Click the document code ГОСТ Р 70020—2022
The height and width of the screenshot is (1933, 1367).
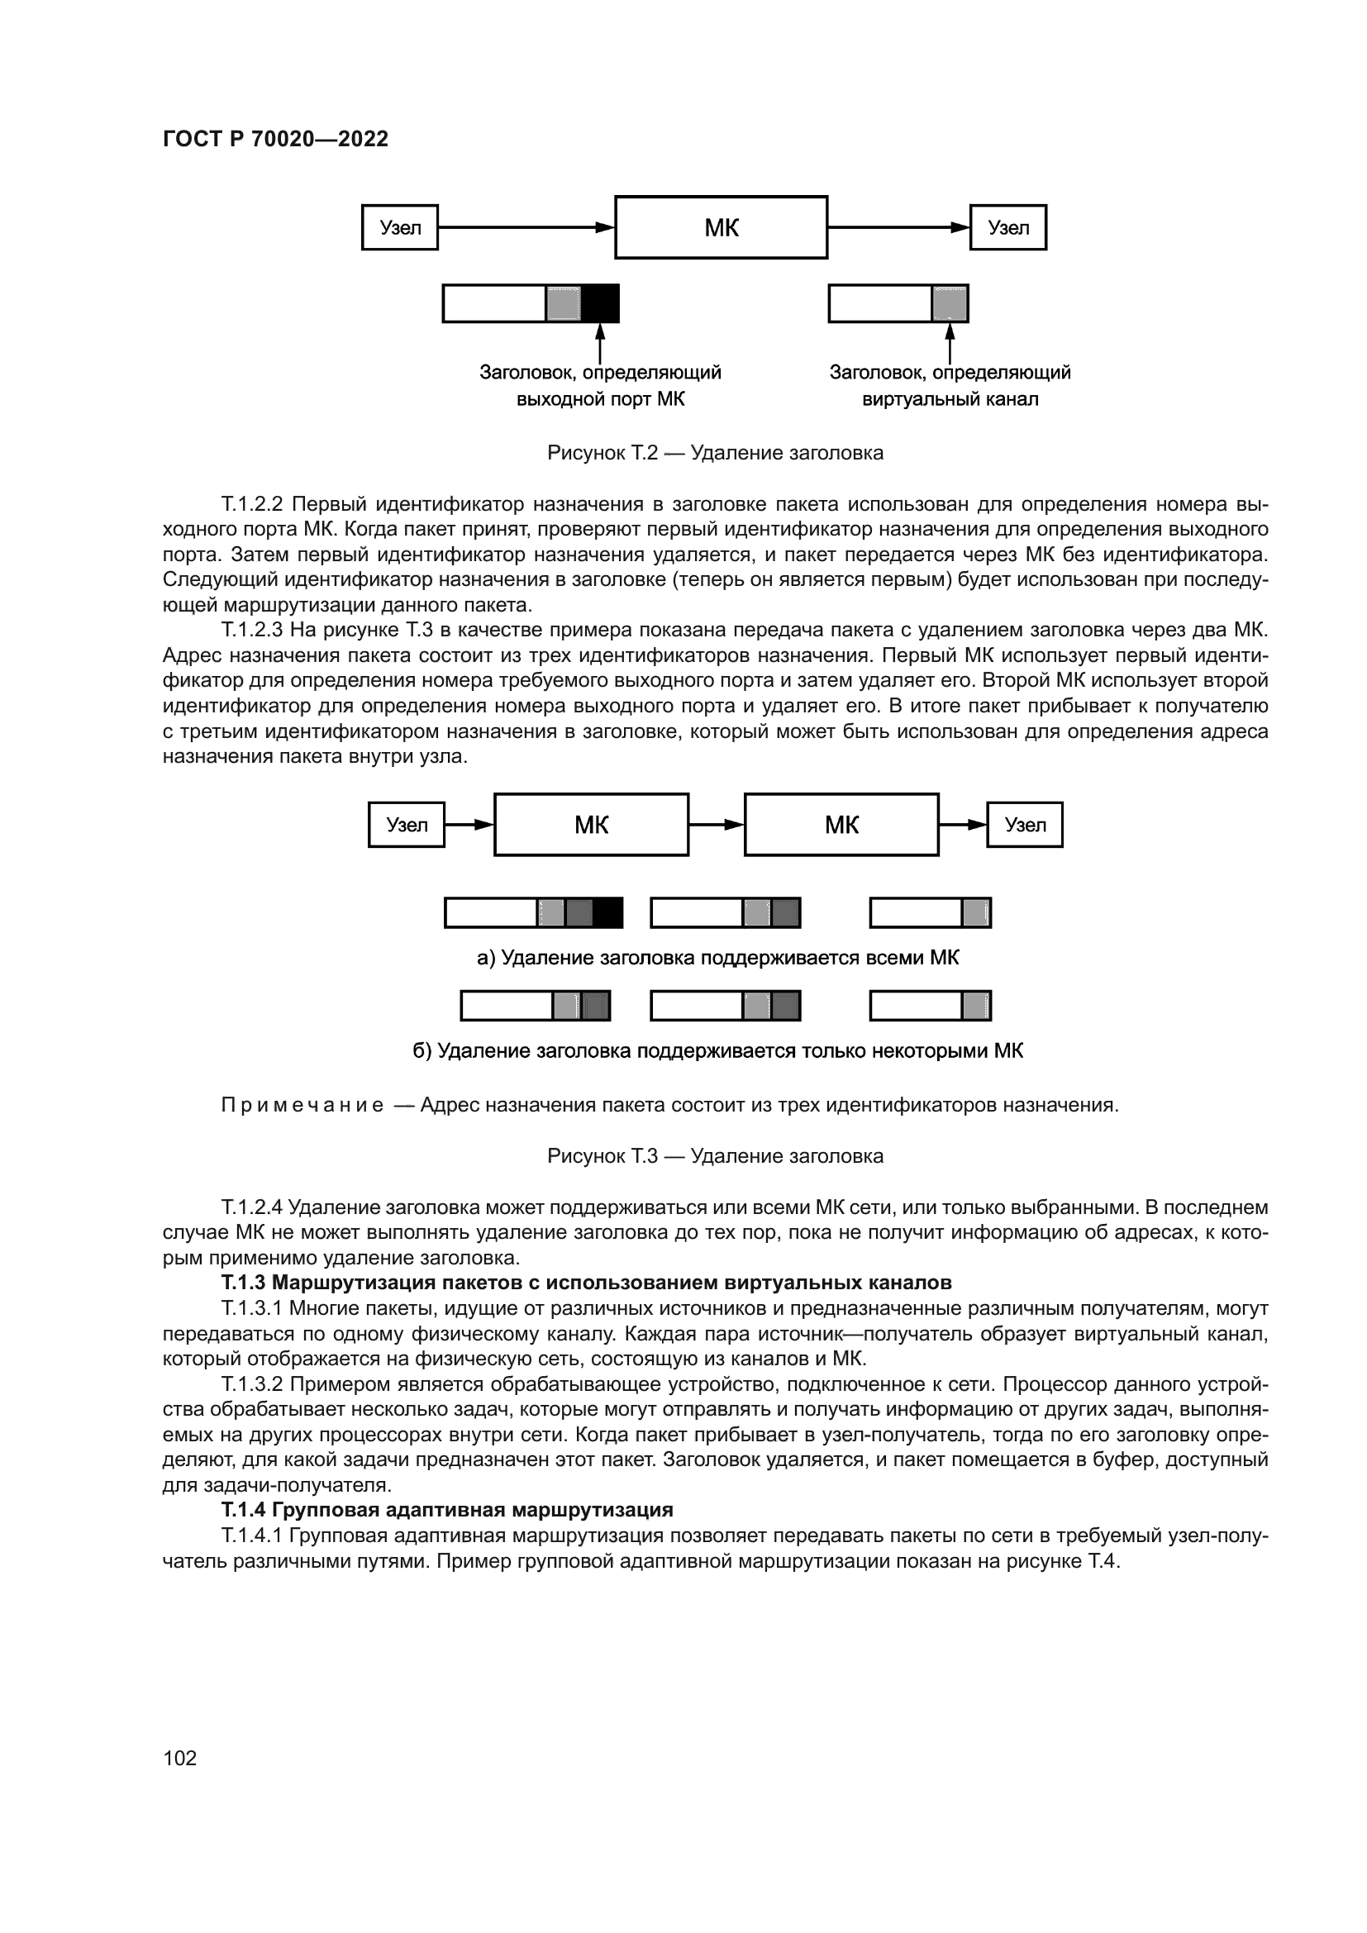pyautogui.click(x=275, y=139)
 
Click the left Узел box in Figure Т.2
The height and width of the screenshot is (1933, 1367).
pyautogui.click(x=400, y=227)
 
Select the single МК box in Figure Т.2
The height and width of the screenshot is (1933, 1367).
pyautogui.click(x=722, y=227)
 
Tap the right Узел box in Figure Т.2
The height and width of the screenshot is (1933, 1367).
pyautogui.click(x=1007, y=227)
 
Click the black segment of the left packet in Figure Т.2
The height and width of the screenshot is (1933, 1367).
pyautogui.click(x=600, y=304)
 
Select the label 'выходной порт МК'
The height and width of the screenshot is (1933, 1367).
pyautogui.click(x=600, y=399)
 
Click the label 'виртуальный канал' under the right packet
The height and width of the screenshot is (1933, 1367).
pyautogui.click(x=950, y=399)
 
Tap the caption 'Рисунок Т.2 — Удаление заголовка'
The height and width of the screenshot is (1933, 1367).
pyautogui.click(x=715, y=453)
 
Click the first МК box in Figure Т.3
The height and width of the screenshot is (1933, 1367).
pyautogui.click(x=591, y=825)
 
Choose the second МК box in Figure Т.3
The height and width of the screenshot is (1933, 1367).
pyautogui.click(x=841, y=825)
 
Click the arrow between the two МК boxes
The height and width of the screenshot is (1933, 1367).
pyautogui.click(x=717, y=825)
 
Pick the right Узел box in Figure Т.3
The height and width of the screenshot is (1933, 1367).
pyautogui.click(x=1024, y=825)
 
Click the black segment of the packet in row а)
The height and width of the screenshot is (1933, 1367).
pyautogui.click(x=607, y=912)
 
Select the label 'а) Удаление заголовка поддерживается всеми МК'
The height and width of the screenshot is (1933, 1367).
pyautogui.click(x=717, y=958)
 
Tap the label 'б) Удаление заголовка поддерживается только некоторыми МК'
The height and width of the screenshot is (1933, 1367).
pyautogui.click(x=717, y=1050)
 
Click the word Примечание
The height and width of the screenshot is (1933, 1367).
pyautogui.click(x=302, y=1106)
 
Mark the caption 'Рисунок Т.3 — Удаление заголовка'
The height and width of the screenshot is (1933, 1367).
pyautogui.click(x=715, y=1156)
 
